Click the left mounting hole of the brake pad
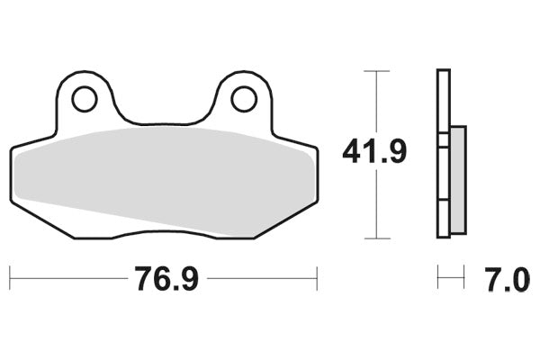click(x=85, y=99)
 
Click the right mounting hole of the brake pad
click(x=243, y=99)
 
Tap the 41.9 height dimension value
click(x=374, y=152)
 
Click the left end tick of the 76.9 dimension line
click(x=10, y=278)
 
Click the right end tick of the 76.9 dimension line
click(x=317, y=278)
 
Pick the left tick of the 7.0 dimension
click(x=438, y=278)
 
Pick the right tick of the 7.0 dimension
click(x=463, y=278)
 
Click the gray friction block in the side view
click(x=456, y=177)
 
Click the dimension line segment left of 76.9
click(x=67, y=278)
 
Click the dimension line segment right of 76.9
click(x=261, y=278)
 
